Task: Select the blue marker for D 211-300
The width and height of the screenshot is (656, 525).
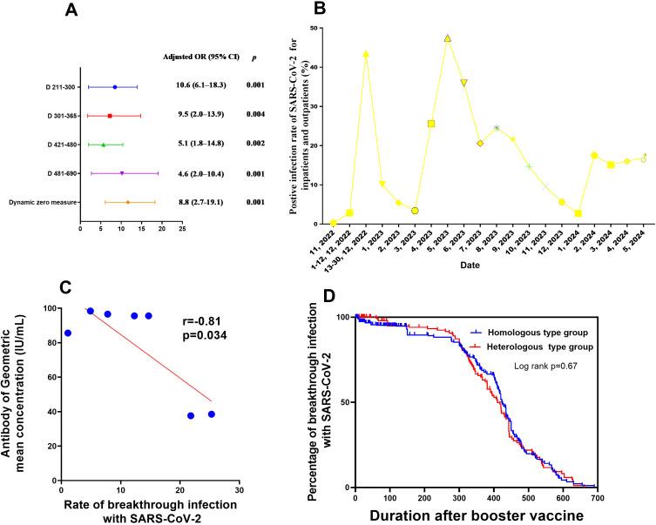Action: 115,87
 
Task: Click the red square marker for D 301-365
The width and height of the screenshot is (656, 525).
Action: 110,116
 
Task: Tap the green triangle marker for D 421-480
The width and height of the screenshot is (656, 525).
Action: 104,145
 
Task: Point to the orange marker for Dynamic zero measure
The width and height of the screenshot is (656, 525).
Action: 128,202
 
